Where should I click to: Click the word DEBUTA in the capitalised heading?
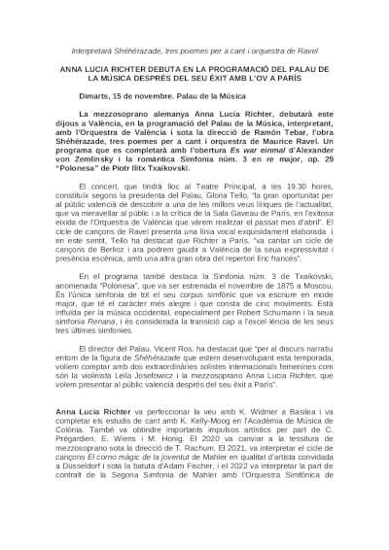[155, 72]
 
